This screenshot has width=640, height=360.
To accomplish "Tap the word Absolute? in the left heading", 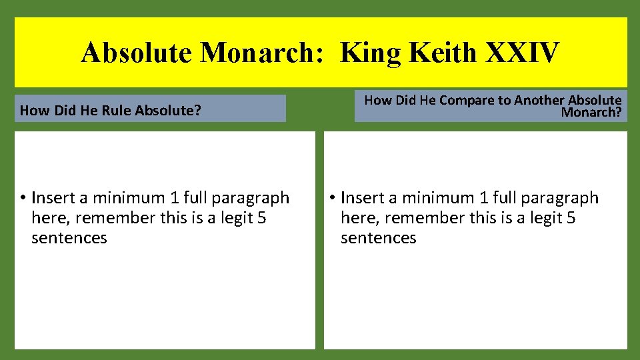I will point(168,111).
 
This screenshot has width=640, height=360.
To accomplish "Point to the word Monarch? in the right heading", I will point(591,112).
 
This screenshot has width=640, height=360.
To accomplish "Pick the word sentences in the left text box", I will point(69,238).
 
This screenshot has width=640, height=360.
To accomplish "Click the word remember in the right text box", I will point(424,218).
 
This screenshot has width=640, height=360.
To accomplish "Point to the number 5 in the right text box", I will point(571,218).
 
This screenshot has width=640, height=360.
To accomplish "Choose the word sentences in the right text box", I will point(378,238).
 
